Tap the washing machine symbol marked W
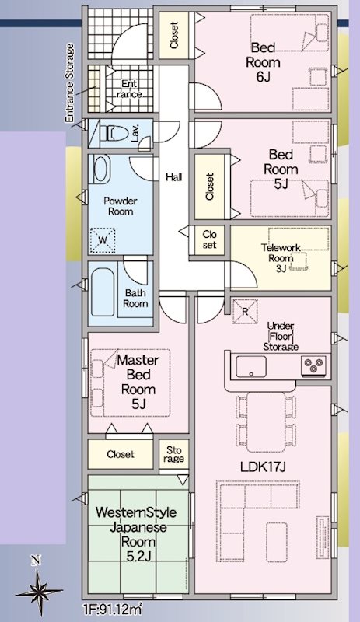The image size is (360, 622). coord(103,240)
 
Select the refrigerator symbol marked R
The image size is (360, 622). coord(244,312)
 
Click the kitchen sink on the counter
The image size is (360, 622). coord(251,366)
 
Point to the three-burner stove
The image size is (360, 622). coord(313,365)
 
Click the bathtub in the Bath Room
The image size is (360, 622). coord(103,292)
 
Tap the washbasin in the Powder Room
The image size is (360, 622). coord(101,169)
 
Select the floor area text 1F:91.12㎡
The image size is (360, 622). coord(113,610)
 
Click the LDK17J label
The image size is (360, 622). coord(263,467)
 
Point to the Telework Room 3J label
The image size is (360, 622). coord(281,258)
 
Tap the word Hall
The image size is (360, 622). coord(174,177)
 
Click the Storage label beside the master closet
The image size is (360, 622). coord(174,455)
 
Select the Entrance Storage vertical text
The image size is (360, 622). coord(70,82)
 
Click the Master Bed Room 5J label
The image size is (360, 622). coord(138,382)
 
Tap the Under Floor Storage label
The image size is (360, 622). coord(281,337)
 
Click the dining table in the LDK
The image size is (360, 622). coord(266,421)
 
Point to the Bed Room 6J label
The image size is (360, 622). coord(263,62)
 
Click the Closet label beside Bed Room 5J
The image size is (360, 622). coord(210,187)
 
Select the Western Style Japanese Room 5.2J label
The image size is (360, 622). coord(136,534)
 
